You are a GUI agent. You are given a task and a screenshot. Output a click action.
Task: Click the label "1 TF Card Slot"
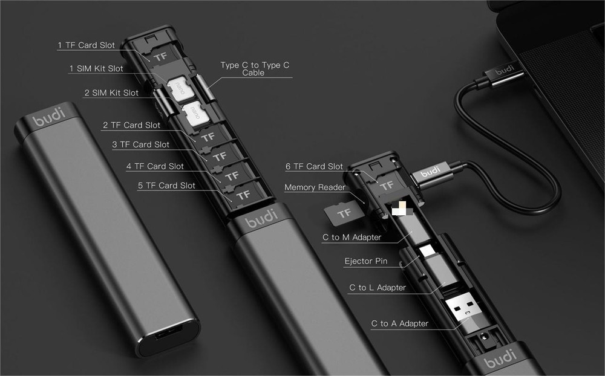[86, 45]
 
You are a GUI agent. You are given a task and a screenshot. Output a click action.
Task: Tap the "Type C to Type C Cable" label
[254, 68]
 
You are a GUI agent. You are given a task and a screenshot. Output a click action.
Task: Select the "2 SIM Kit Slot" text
[111, 93]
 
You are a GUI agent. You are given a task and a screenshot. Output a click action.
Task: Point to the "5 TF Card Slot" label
[166, 186]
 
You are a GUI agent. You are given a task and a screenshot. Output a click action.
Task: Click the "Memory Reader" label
[315, 187]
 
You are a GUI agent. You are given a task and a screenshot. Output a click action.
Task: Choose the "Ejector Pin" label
[365, 262]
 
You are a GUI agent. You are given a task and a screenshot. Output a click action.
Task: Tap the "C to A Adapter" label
[399, 323]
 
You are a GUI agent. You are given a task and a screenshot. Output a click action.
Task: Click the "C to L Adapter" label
[378, 287]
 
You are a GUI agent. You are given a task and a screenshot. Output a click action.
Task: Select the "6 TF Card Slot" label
[314, 166]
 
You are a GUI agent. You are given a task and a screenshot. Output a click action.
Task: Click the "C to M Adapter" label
[352, 238]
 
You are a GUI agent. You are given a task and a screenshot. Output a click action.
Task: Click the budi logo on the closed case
[48, 118]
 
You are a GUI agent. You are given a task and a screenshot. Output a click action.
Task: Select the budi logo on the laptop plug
[503, 72]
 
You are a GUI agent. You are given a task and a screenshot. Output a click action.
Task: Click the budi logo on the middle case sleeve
[261, 218]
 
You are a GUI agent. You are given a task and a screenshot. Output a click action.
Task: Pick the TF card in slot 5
[242, 195]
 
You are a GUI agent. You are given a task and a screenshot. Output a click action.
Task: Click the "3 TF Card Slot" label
[140, 144]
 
